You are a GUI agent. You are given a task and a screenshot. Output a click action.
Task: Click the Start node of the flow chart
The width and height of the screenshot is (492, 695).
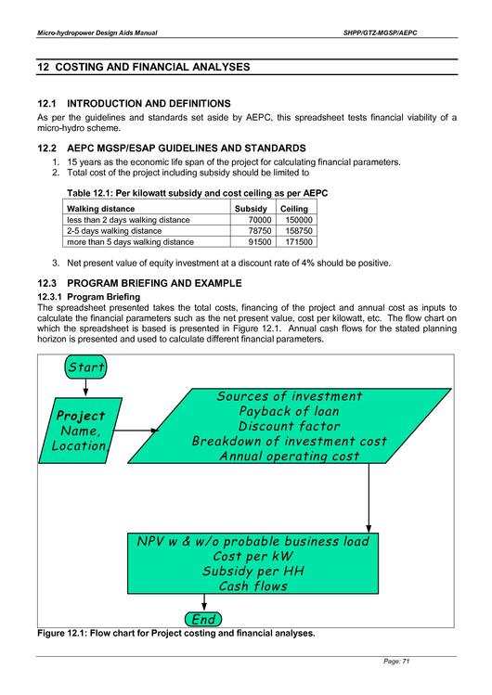85,367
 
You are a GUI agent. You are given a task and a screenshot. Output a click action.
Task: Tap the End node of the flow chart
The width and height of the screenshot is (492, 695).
203,619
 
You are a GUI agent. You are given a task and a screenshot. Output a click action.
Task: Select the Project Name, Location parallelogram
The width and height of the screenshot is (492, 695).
80,431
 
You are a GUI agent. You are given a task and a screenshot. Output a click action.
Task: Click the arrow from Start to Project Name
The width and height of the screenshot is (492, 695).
85,388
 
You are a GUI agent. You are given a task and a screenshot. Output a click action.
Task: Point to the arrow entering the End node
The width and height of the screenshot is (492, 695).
204,602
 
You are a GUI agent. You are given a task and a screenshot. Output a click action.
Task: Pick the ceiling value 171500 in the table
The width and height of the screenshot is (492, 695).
299,242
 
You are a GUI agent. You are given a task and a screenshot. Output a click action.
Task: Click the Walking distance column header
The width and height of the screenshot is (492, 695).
100,209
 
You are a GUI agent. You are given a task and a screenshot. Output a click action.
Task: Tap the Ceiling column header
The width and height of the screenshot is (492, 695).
294,209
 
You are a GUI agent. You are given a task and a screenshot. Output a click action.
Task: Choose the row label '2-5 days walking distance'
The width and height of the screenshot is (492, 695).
114,231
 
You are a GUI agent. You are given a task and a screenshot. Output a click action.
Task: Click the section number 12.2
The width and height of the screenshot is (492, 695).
46,148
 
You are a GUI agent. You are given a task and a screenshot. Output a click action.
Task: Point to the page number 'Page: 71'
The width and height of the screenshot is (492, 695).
396,661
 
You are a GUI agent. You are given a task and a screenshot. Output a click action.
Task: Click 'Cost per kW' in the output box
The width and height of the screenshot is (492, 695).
253,556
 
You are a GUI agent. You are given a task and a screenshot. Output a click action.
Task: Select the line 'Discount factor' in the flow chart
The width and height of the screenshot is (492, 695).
289,426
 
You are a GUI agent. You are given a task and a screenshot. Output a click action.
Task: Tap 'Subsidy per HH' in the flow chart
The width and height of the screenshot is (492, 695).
253,571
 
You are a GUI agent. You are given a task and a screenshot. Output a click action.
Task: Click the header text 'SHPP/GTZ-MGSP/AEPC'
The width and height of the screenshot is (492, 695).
381,32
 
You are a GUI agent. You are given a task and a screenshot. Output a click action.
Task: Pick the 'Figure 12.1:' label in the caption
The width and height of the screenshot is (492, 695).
62,633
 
